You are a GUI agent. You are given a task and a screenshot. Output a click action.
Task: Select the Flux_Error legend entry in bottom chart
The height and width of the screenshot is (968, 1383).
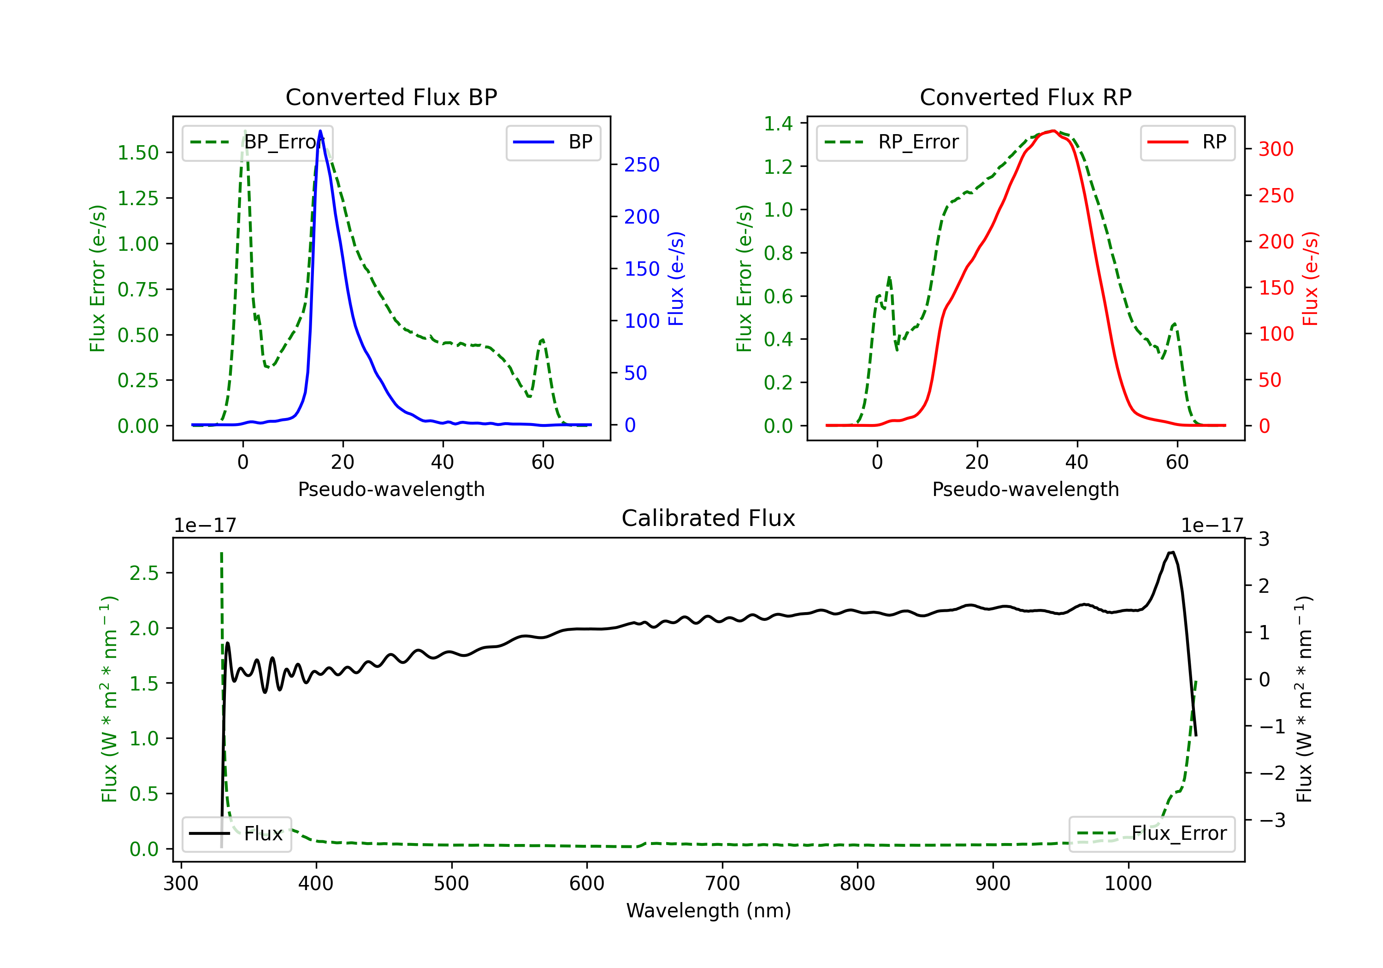tap(1152, 834)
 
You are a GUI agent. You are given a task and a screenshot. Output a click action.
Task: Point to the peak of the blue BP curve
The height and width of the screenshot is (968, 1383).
tap(320, 131)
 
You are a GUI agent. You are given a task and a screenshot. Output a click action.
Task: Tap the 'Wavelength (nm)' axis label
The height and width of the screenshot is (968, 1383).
tap(709, 910)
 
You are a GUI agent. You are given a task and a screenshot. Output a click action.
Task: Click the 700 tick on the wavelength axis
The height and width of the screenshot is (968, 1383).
tap(722, 884)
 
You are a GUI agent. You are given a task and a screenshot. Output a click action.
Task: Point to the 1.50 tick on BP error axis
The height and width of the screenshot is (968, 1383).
tap(138, 153)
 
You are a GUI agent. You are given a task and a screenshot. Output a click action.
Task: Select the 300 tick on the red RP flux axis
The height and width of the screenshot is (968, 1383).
tap(1276, 149)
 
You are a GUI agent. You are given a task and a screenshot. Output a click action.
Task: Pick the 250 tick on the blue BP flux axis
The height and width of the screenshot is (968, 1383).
tap(642, 165)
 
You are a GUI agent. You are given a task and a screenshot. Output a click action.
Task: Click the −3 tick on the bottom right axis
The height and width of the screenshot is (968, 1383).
tap(1272, 820)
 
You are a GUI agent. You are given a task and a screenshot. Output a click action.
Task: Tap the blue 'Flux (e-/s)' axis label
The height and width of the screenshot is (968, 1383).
tap(676, 278)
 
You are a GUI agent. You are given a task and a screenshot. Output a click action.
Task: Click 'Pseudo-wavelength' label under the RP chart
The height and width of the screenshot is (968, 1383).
tap(1025, 489)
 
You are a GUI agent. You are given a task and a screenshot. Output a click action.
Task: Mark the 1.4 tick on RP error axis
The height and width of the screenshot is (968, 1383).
tap(778, 124)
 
